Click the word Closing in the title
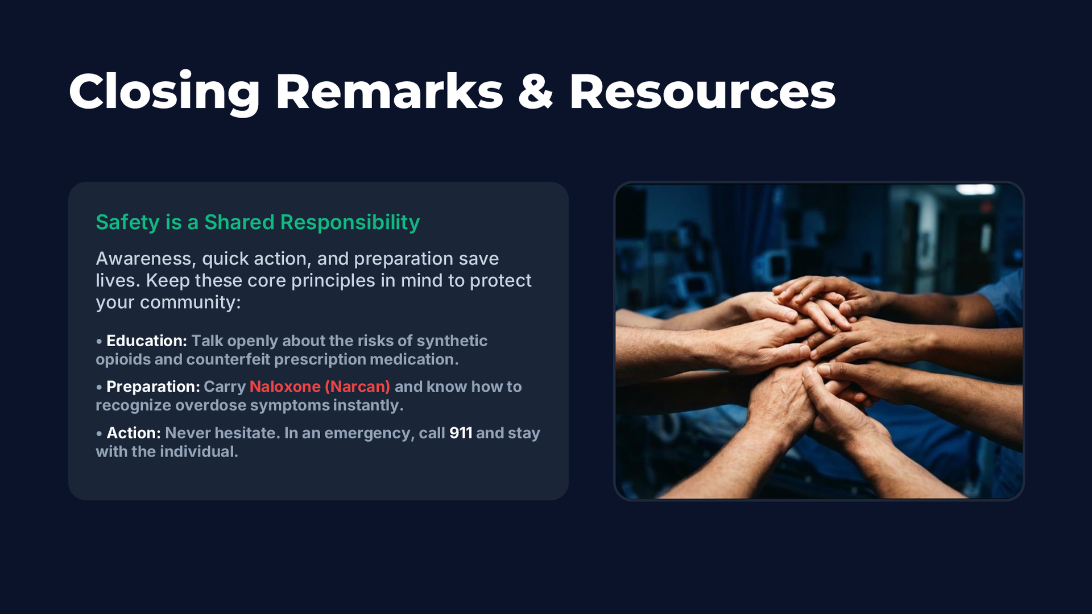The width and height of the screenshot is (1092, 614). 164,93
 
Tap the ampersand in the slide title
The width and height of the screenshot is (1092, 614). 535,92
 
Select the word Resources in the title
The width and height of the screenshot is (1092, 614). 702,92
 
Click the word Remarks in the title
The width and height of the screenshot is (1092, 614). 389,92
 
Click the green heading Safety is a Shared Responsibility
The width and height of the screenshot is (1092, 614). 258,222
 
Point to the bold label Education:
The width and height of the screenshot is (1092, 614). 147,341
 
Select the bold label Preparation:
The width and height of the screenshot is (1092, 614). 153,387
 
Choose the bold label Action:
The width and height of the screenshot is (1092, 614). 134,433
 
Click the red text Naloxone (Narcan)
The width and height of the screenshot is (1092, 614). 320,387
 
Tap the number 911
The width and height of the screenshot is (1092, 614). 461,433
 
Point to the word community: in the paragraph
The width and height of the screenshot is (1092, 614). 191,302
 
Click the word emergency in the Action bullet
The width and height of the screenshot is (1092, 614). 367,433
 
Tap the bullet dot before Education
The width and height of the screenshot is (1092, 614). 99,341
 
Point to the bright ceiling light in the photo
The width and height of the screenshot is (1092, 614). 975,189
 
